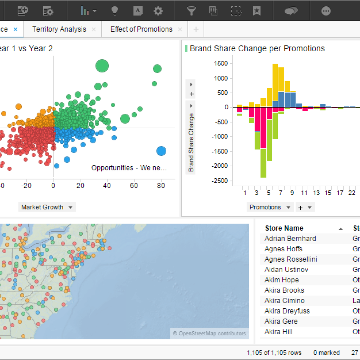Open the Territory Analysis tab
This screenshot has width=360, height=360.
pyautogui.click(x=59, y=29)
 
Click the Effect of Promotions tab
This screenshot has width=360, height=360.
pyautogui.click(x=141, y=29)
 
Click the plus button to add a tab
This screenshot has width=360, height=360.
pyautogui.click(x=196, y=30)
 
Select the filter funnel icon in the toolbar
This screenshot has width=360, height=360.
pyautogui.click(x=191, y=11)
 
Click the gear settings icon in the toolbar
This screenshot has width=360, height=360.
pyautogui.click(x=158, y=11)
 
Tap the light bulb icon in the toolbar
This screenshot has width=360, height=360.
pyautogui.click(x=114, y=11)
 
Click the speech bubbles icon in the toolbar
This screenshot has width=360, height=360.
pyautogui.click(x=291, y=11)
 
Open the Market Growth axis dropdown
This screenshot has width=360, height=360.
pyautogui.click(x=47, y=207)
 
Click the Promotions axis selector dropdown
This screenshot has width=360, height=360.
pyautogui.click(x=270, y=207)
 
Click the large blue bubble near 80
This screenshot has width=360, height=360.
pyautogui.click(x=161, y=151)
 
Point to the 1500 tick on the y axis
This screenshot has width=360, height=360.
pyautogui.click(x=220, y=64)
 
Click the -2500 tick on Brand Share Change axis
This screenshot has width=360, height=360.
pyautogui.click(x=220, y=181)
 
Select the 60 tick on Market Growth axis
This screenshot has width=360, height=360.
pyautogui.click(x=134, y=186)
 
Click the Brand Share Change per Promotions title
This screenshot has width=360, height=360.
pyautogui.click(x=257, y=49)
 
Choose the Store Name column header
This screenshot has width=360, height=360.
pyautogui.click(x=284, y=228)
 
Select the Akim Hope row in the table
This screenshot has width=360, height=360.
pyautogui.click(x=282, y=280)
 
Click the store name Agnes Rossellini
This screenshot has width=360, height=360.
pyautogui.click(x=291, y=259)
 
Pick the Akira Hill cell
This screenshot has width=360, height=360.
pyautogui.click(x=278, y=332)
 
